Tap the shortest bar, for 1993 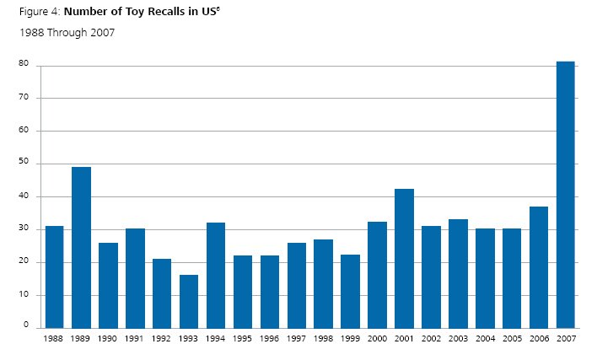[x=189, y=301]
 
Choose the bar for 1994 [x=216, y=275]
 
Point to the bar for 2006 [x=538, y=266]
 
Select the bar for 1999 [x=350, y=291]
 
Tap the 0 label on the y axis [x=26, y=325]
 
